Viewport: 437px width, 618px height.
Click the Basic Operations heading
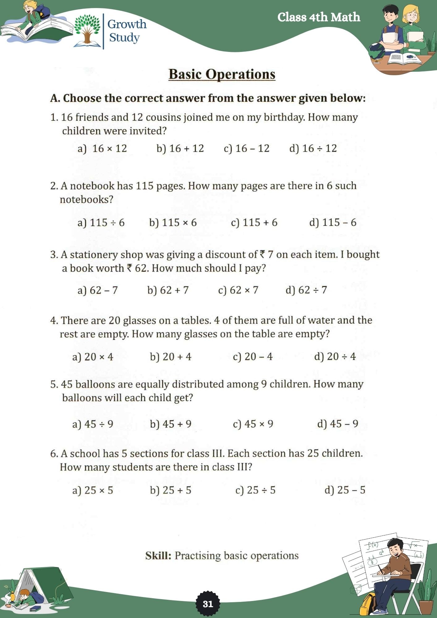(x=222, y=74)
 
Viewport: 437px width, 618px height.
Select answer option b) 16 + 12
(x=180, y=149)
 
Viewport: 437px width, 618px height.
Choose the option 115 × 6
(x=173, y=222)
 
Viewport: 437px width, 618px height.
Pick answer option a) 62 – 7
(x=98, y=290)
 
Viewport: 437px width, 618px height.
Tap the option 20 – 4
(x=252, y=357)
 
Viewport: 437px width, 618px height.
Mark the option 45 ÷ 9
(x=93, y=424)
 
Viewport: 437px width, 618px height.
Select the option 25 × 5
(x=93, y=490)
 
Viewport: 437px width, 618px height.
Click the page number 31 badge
(x=208, y=604)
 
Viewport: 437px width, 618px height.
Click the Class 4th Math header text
(x=319, y=17)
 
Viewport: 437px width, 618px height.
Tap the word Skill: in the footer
(x=158, y=556)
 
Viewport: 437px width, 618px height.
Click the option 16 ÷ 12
(x=313, y=149)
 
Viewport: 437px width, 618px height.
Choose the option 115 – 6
(x=333, y=222)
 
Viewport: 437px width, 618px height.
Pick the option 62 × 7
(x=238, y=290)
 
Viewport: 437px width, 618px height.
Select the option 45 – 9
(x=337, y=424)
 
